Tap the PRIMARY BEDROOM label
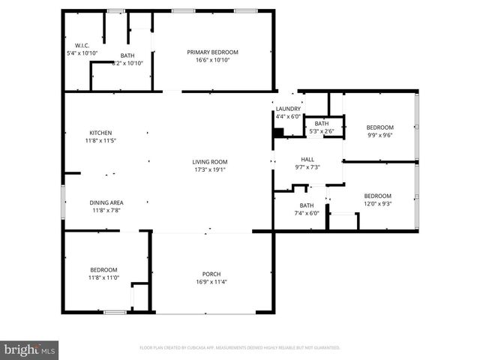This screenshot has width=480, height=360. (x=212, y=52)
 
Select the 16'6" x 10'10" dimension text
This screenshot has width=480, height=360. (x=212, y=60)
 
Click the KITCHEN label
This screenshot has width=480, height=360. (x=100, y=133)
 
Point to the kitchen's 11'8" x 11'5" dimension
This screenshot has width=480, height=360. (x=100, y=140)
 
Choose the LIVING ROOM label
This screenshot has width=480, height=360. (x=210, y=161)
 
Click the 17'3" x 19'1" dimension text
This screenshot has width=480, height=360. (x=210, y=169)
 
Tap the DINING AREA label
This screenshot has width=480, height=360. (x=106, y=202)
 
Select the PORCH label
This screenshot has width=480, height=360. (x=211, y=273)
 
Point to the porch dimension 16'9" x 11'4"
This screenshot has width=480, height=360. (x=211, y=281)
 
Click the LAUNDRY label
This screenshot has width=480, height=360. (x=288, y=109)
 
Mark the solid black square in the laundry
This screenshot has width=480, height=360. (x=278, y=133)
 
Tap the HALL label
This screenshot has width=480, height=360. (x=307, y=159)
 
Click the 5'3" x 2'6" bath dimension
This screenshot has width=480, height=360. (x=322, y=131)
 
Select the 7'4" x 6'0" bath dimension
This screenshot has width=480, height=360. (x=307, y=213)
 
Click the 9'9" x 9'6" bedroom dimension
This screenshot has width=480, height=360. (x=379, y=135)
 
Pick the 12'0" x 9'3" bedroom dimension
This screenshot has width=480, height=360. (x=378, y=203)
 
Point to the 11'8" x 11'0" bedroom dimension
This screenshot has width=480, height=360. (x=103, y=277)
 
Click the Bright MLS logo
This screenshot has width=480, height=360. (x=30, y=349)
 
